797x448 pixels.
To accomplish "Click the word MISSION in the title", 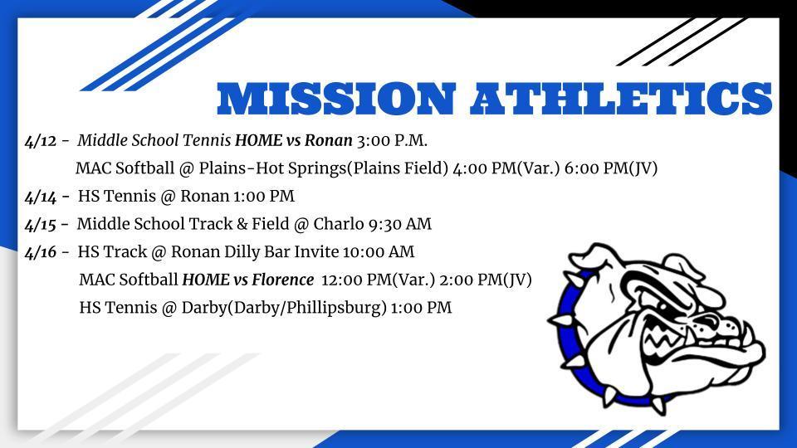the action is click(x=335, y=99).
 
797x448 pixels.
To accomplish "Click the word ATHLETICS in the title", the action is click(x=621, y=99).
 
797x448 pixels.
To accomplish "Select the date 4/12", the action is click(x=41, y=141).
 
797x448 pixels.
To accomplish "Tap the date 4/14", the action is click(x=41, y=197).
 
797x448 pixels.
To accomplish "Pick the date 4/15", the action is click(x=41, y=225).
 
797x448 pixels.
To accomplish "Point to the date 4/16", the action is click(x=41, y=252).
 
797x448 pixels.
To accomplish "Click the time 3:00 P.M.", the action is click(x=392, y=141).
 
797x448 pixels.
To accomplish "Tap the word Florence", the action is click(x=282, y=280).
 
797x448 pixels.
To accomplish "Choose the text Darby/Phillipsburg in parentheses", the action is click(x=307, y=309).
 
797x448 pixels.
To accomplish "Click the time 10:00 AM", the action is click(x=379, y=252).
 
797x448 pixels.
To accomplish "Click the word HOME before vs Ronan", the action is click(x=258, y=141).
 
